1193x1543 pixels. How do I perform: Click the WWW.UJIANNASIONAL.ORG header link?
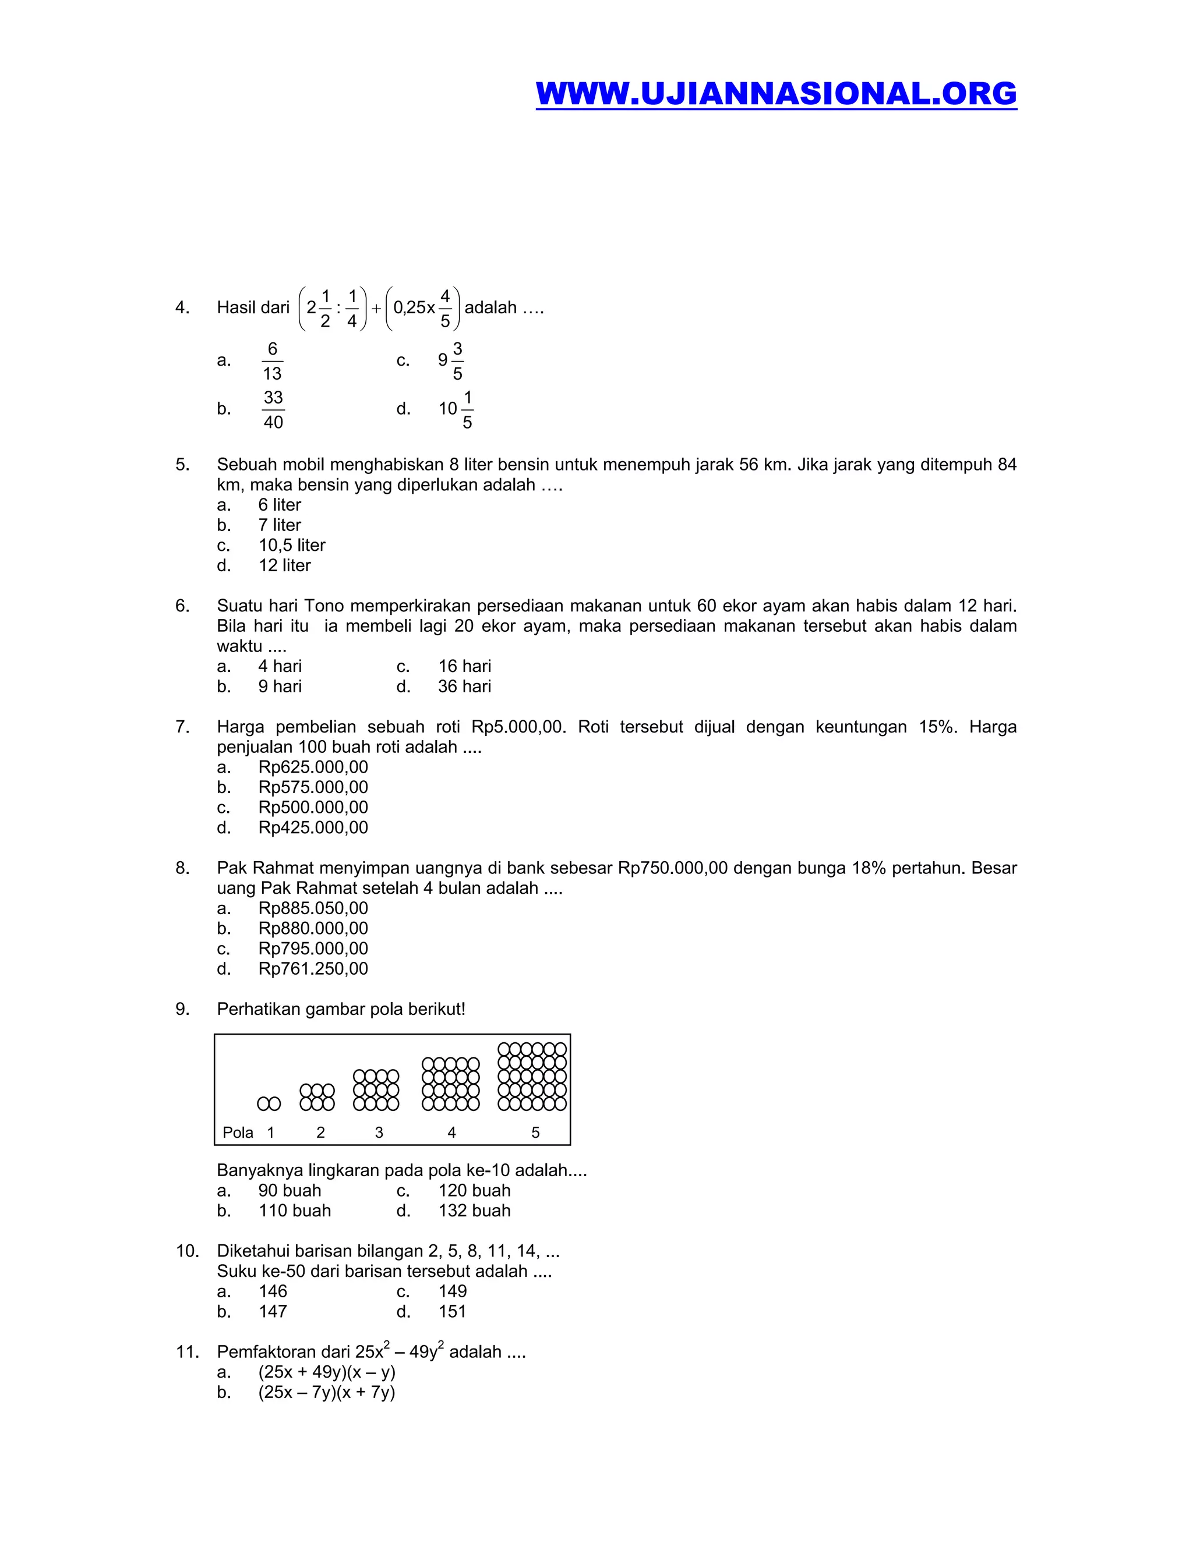point(775,94)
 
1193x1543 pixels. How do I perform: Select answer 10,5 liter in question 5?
point(291,546)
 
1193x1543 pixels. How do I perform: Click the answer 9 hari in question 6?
point(279,686)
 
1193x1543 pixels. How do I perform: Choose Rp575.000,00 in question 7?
point(312,788)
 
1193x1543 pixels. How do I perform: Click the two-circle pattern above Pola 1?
point(269,1103)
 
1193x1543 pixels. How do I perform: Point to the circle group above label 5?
point(532,1077)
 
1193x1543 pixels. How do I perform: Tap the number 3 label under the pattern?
point(379,1133)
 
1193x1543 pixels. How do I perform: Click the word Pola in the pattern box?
point(238,1133)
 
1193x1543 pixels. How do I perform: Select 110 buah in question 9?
point(294,1211)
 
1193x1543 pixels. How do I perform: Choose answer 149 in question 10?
point(452,1291)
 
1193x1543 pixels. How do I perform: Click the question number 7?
point(182,727)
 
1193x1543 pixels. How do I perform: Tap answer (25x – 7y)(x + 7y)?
point(327,1393)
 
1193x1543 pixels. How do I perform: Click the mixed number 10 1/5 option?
point(456,409)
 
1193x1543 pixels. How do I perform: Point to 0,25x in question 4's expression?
point(414,308)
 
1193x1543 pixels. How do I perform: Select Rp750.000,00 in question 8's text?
point(672,868)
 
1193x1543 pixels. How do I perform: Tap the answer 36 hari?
point(464,686)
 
